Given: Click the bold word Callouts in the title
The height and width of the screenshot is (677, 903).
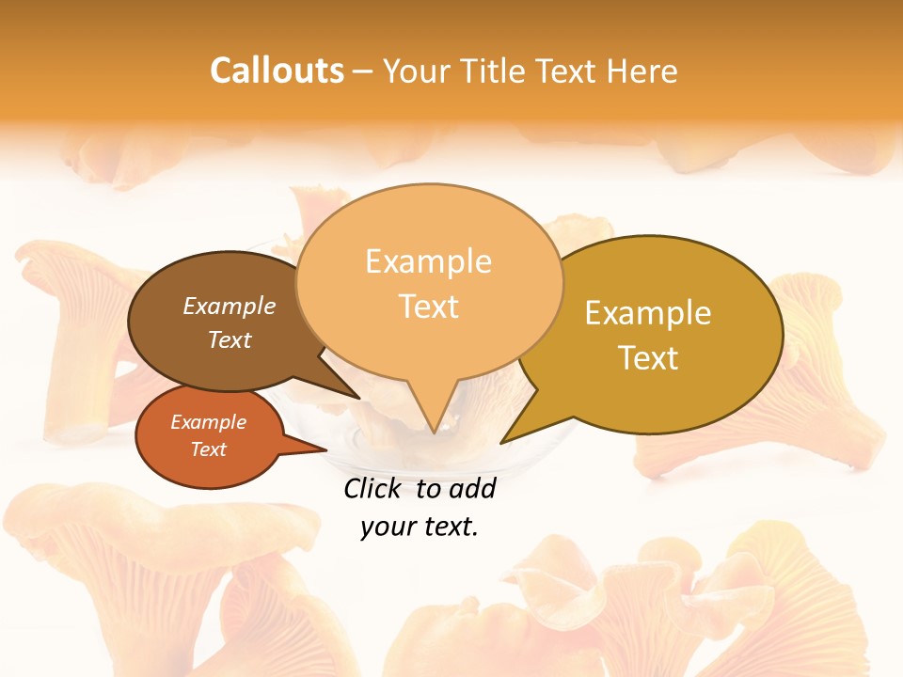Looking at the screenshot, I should point(277,71).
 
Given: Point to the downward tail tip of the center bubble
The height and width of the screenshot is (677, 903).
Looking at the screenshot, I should point(433,433).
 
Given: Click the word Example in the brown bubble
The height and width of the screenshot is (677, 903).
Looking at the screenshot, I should point(230,306).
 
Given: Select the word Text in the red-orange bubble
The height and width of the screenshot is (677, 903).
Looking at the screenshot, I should point(209,449).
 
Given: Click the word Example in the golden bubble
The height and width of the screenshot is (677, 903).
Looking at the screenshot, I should point(648,313).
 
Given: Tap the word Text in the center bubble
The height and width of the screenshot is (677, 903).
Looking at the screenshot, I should point(429,307).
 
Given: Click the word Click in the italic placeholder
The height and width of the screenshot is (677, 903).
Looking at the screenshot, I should point(373,488).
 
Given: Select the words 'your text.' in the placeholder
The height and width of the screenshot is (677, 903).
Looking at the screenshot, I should point(420,527).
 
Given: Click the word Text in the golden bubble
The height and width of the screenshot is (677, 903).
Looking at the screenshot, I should point(648,358).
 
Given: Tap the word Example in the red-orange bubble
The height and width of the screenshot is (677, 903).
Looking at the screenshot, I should point(209,422).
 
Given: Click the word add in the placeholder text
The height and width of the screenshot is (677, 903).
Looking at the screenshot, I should point(471,488).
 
